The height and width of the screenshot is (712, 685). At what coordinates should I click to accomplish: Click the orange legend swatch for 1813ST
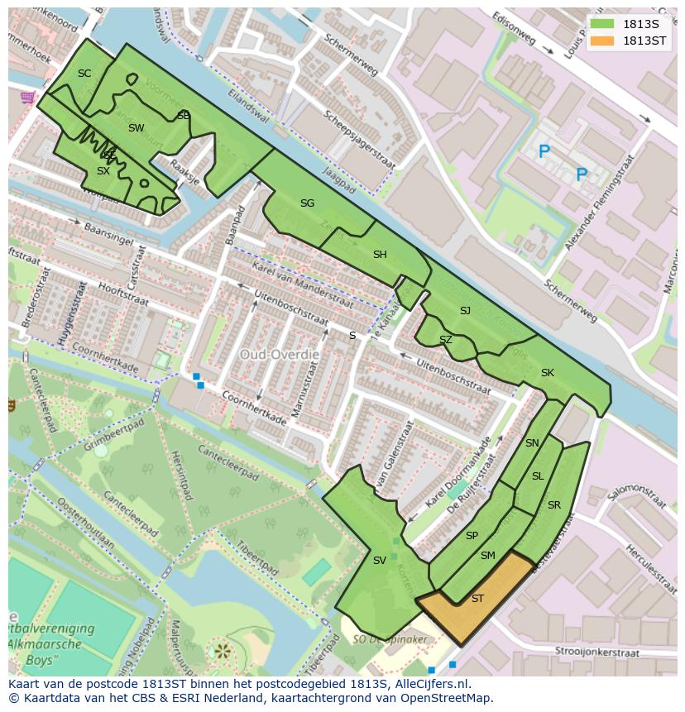tap(603, 41)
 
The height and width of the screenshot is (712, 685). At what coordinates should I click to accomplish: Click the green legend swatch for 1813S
tap(603, 24)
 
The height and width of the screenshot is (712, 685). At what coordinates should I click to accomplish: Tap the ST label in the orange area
tap(477, 599)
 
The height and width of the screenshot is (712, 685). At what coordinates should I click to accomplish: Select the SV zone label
tap(379, 561)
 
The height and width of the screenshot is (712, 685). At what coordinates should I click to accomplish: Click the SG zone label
tap(307, 203)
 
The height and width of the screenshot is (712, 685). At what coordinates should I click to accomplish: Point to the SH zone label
tap(380, 255)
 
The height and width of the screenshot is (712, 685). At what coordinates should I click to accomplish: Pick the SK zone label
tap(547, 373)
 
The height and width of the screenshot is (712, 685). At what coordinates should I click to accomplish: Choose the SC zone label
tap(84, 74)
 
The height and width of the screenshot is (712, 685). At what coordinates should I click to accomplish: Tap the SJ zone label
tap(465, 311)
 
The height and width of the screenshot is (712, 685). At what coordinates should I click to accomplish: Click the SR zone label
tap(553, 505)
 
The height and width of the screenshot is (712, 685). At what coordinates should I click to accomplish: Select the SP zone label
tap(472, 536)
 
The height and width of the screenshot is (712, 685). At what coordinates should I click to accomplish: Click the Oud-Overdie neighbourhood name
tap(279, 354)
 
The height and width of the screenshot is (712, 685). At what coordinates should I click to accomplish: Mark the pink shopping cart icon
tap(27, 98)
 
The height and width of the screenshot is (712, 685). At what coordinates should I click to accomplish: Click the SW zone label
tap(136, 128)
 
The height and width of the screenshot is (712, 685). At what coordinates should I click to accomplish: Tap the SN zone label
tap(532, 443)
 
